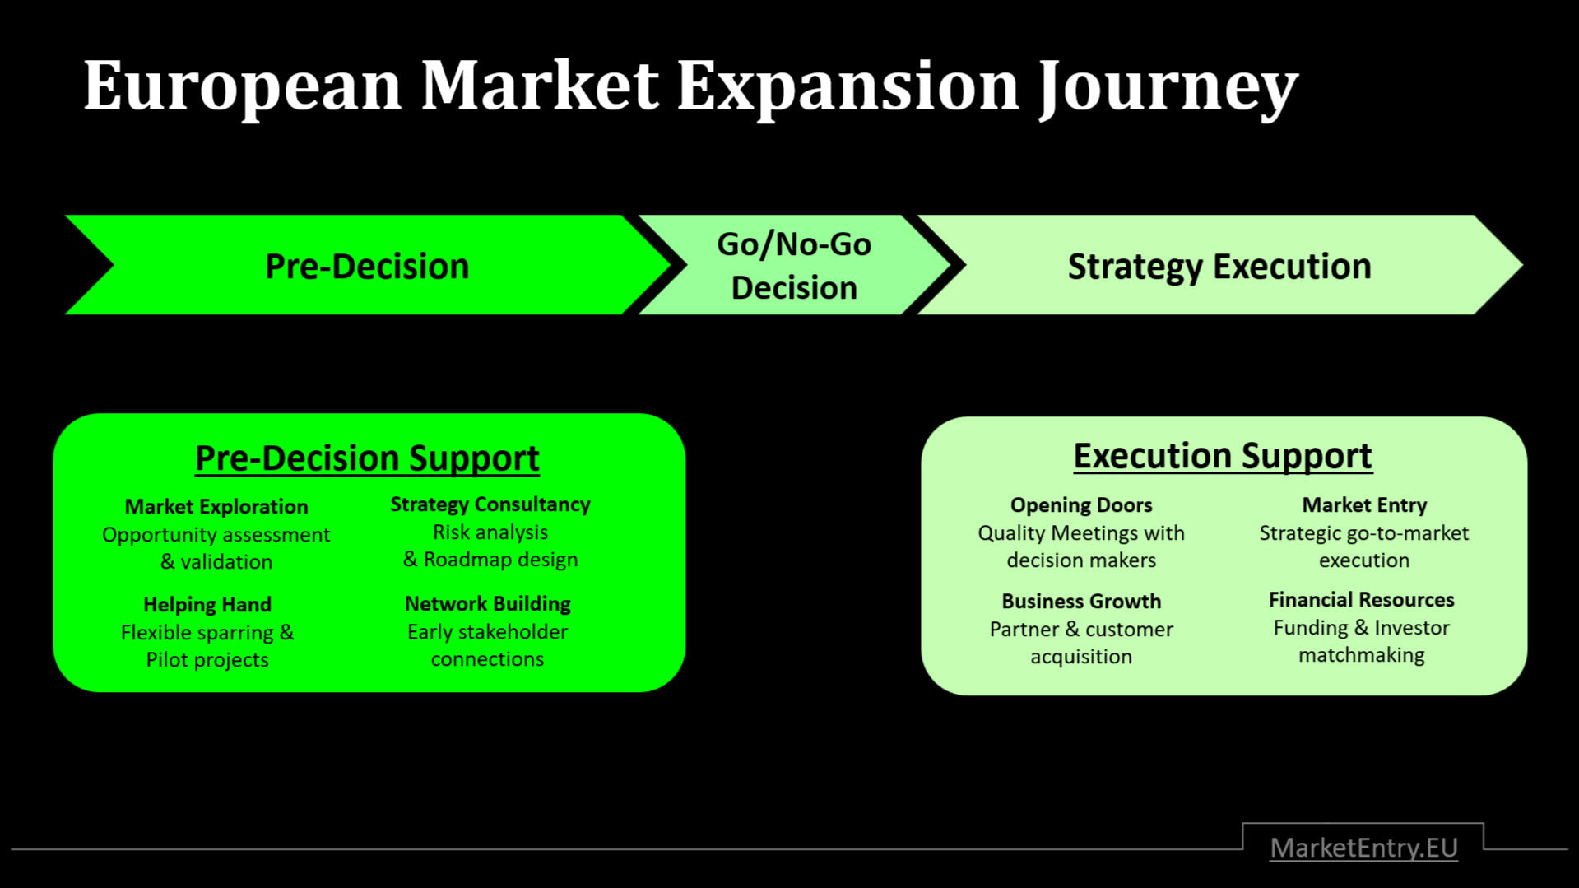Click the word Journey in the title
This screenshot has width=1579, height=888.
coord(1168,86)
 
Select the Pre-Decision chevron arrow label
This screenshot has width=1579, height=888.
coord(367,266)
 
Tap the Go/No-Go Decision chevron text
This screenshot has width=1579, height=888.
coord(793,266)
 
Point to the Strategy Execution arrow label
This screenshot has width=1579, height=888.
coord(1219,266)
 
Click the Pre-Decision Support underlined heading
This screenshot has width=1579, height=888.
coord(367,458)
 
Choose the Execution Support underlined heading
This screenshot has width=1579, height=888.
coord(1223,455)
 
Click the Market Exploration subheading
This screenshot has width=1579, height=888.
coord(216,506)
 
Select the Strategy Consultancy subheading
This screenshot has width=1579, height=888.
coord(490,504)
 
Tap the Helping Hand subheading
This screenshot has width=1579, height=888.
coord(207,604)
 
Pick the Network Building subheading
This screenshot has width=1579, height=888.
coord(487,603)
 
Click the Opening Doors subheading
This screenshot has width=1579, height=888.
coord(1081,504)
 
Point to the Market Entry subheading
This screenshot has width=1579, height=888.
coord(1364,504)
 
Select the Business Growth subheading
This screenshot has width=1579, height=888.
coord(1081,601)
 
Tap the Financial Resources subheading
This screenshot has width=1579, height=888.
coord(1361,599)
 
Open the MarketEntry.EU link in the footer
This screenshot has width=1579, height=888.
coord(1363,847)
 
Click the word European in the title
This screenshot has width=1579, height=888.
coord(242,86)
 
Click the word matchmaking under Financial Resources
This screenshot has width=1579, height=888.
coord(1361,655)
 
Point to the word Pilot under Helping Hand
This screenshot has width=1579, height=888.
coord(167,660)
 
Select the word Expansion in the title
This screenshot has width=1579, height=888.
coord(848,86)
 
